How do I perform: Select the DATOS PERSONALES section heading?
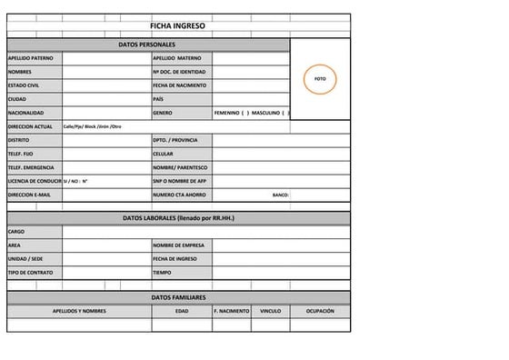click(x=147, y=44)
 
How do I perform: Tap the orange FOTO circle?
click(x=320, y=79)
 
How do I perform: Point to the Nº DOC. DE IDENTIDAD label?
click(x=179, y=71)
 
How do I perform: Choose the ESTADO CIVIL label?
click(x=24, y=85)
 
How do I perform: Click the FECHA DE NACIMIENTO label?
click(x=180, y=85)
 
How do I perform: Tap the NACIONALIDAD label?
click(x=25, y=113)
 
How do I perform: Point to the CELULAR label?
click(x=164, y=154)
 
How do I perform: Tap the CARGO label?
click(x=15, y=232)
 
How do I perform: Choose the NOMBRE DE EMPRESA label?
click(x=177, y=245)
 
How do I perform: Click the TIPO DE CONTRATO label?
click(x=31, y=273)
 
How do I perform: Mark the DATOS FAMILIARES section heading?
click(x=178, y=297)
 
